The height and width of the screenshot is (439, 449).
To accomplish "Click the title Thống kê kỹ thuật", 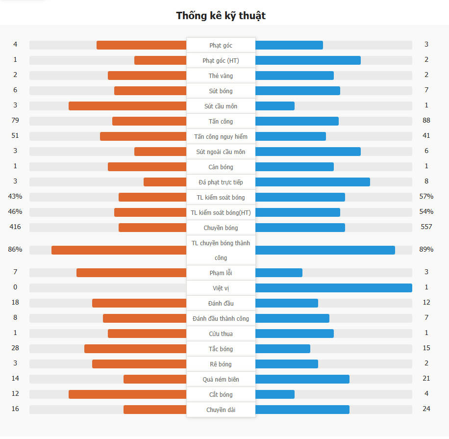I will (x=221, y=16).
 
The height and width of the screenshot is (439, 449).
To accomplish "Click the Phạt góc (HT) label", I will (x=221, y=60).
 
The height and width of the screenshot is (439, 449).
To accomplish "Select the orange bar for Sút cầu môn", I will (x=127, y=106).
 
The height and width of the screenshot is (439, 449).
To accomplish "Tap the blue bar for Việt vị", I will (x=333, y=288).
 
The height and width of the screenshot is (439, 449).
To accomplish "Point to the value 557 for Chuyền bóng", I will (x=426, y=227).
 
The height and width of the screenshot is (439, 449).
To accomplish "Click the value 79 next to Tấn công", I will (x=15, y=121).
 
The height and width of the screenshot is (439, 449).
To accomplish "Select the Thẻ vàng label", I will (x=221, y=76).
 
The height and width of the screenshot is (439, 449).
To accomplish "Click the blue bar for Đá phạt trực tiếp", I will (x=312, y=182).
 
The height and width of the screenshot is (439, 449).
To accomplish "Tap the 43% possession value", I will (x=15, y=197).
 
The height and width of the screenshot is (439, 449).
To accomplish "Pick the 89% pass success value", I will (x=426, y=249).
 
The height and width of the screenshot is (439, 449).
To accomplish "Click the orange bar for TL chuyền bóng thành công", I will (x=119, y=250).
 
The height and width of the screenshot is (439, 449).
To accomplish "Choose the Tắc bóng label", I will (x=221, y=349).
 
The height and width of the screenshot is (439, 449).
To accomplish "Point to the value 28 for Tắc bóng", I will (x=15, y=348).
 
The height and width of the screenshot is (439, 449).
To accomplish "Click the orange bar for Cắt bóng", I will (x=127, y=394).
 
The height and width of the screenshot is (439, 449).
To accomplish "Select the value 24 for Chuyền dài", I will (x=426, y=409).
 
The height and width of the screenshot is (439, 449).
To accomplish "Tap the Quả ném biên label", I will (x=221, y=379).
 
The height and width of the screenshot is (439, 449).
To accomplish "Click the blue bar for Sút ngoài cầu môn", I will (x=308, y=152).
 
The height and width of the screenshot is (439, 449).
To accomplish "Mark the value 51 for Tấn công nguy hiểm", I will (x=15, y=136).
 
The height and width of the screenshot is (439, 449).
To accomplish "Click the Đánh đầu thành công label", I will (x=221, y=318).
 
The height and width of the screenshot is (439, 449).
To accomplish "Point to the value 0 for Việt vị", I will (x=15, y=287).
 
